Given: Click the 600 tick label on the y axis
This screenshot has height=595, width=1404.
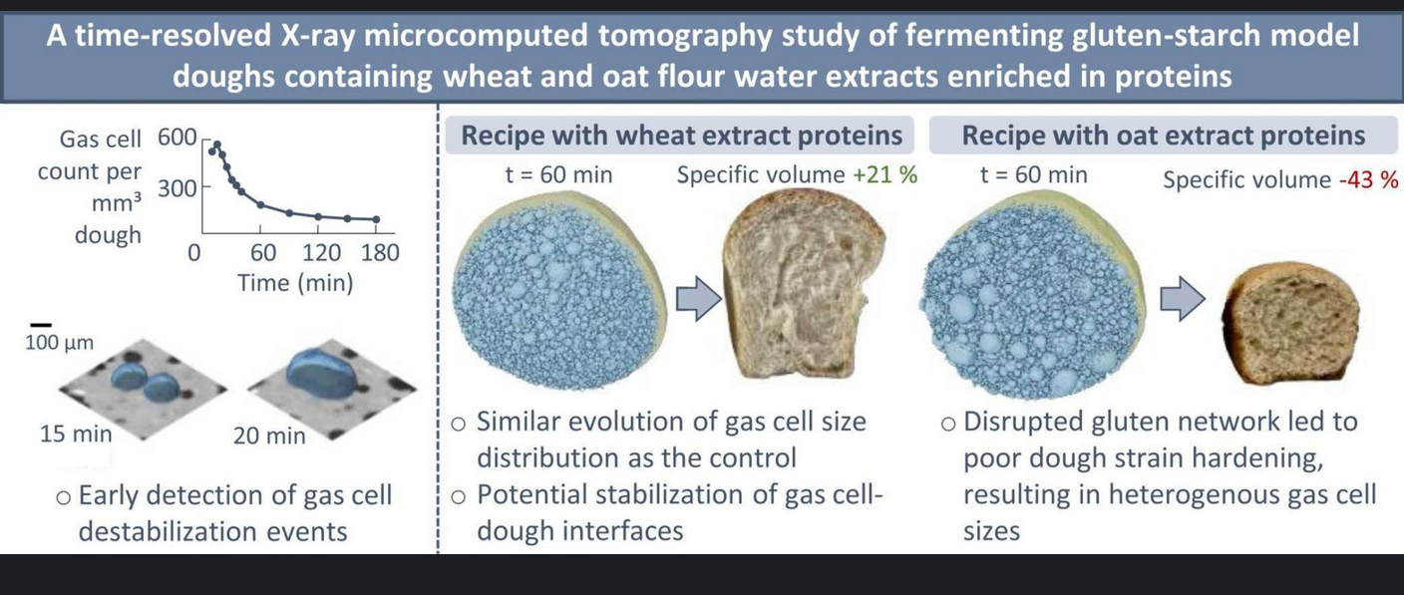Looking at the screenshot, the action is point(177,138).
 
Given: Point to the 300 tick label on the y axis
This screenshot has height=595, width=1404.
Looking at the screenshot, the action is point(177,188).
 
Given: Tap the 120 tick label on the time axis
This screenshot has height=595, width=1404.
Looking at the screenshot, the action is point(321,253).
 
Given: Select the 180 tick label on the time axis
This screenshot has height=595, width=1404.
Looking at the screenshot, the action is point(380,253).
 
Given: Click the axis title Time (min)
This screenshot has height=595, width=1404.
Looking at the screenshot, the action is point(295,283).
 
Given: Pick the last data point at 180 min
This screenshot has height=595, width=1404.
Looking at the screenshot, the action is point(376,219).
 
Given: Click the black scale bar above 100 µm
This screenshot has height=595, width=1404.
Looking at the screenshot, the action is point(41,325).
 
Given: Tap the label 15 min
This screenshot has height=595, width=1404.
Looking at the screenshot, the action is point(76,434).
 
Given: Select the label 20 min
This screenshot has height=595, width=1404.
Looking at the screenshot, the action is point(269,436).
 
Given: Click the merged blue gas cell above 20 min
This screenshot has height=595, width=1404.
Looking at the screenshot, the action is point(321,374).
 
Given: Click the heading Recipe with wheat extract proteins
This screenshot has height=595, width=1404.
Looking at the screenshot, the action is point(681,136).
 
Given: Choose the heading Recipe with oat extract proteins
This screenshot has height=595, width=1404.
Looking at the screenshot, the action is point(1164,136).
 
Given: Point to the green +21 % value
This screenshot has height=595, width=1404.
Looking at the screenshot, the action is point(885,174).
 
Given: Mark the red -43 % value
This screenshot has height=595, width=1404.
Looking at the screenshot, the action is point(1369,179).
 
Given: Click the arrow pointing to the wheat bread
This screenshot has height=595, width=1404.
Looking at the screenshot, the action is point(699,299).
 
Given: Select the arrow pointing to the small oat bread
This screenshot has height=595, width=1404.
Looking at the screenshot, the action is point(1183,299).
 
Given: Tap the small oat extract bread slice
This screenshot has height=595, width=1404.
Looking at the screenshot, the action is point(1289,323).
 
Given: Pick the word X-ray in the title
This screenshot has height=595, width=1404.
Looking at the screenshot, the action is point(319,36).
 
